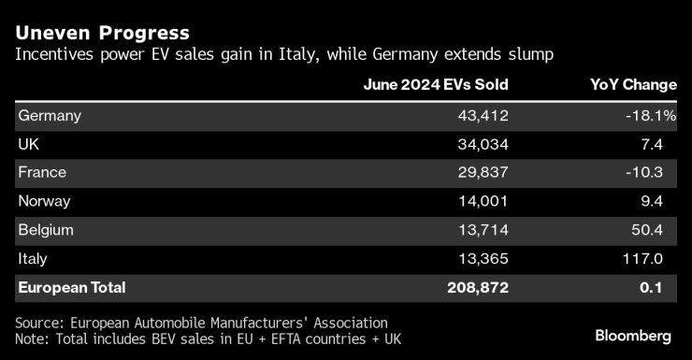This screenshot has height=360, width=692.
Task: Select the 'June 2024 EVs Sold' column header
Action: coord(436,84)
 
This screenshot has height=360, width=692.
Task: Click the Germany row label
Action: coord(50,116)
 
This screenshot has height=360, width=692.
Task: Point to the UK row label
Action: coord(30,145)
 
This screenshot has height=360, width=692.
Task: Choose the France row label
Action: coord(42,173)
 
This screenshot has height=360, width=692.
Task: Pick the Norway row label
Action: coord(45,201)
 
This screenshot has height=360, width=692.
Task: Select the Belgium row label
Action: coord(46,230)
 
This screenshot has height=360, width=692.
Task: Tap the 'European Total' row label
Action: coord(71,287)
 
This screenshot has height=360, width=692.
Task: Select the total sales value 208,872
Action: coord(477,287)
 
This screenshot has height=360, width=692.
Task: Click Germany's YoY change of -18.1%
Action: coord(650,116)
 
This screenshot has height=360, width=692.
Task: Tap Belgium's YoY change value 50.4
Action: coord(656,230)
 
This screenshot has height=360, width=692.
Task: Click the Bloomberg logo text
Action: coord(633,336)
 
